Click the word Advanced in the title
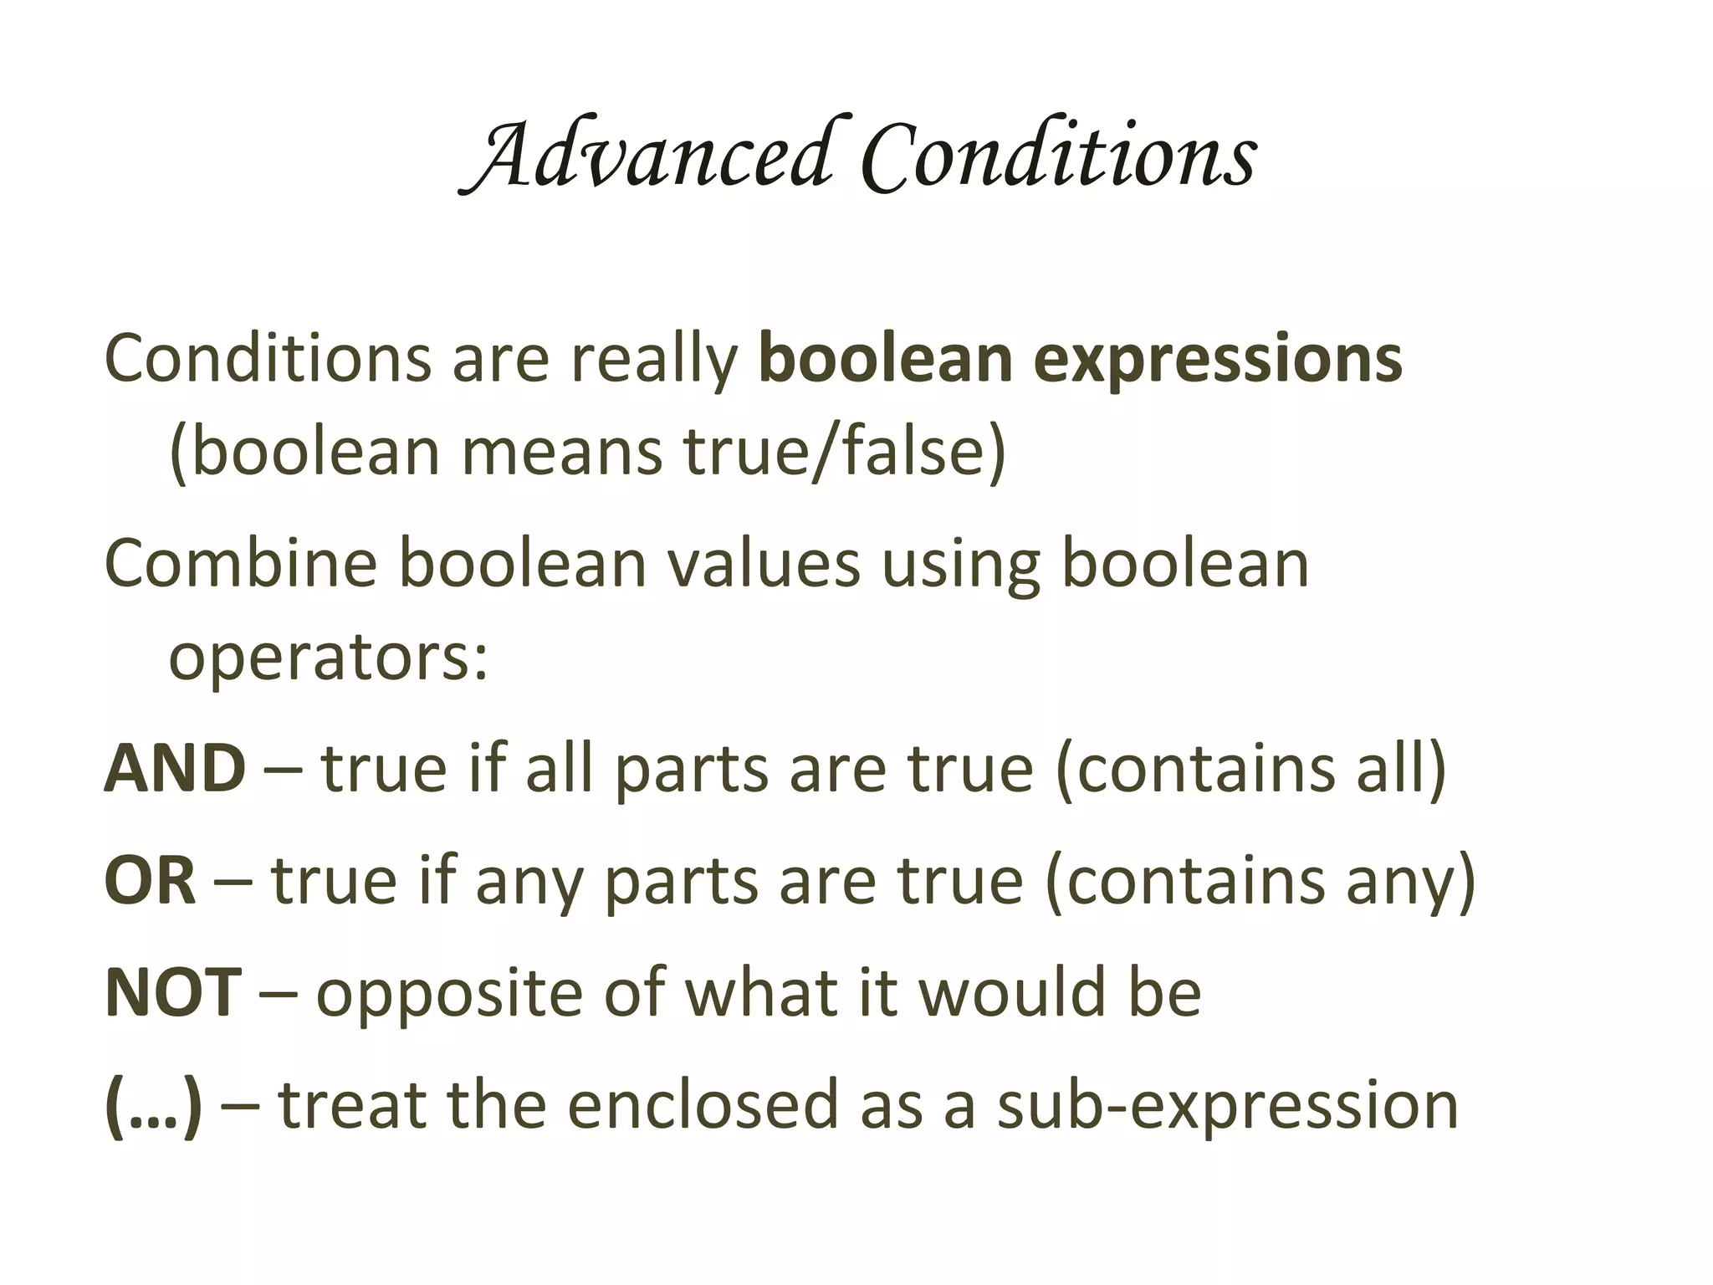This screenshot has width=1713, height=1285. pyautogui.click(x=648, y=155)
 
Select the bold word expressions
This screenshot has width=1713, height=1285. pyautogui.click(x=1218, y=360)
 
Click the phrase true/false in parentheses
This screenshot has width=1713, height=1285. pyautogui.click(x=845, y=452)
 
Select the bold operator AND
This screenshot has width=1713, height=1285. pyautogui.click(x=175, y=769)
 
